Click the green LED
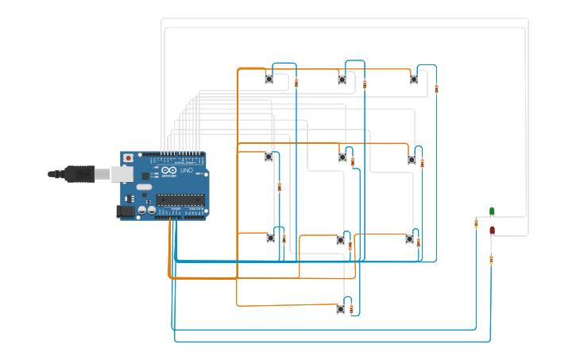[492, 211]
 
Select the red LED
[492, 230]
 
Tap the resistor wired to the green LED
[476, 224]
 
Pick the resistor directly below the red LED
[491, 259]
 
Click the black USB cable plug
[78, 173]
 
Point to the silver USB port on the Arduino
[122, 173]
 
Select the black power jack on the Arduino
[125, 211]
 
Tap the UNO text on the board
[187, 170]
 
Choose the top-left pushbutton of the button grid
[269, 79]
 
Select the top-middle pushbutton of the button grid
[342, 79]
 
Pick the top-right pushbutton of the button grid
[414, 79]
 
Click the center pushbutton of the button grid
[342, 157]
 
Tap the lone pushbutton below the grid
[340, 309]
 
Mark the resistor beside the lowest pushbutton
[351, 308]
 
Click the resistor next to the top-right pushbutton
[436, 89]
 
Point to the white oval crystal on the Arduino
[144, 188]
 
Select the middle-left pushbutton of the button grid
[269, 157]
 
